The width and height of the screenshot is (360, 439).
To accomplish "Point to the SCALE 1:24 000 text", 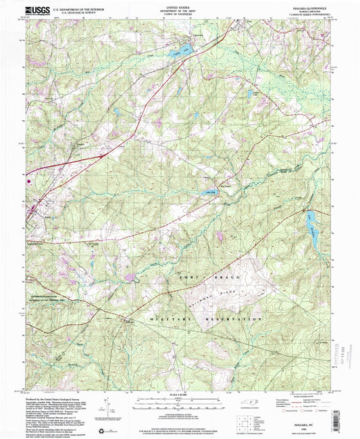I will [x=180, y=396].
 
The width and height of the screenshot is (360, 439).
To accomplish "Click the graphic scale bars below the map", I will [x=180, y=404].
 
